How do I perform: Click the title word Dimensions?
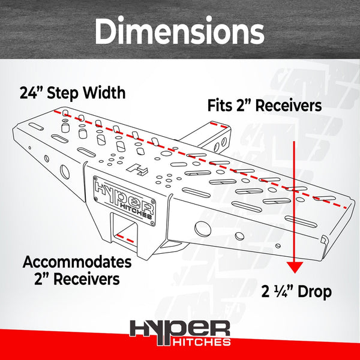[179, 31]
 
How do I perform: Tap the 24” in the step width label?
[28, 92]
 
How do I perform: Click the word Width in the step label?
[104, 92]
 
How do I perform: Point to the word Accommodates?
[77, 262]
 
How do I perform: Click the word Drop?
[314, 292]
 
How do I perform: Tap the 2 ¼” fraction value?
[278, 292]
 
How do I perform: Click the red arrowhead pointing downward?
[295, 267]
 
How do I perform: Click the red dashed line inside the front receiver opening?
[125, 238]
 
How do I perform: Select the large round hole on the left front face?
[65, 172]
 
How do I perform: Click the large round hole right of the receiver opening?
[203, 229]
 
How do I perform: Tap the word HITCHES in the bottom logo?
[202, 341]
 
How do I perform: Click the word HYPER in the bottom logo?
[180, 331]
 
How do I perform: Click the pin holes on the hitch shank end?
[220, 144]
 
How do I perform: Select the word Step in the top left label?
[64, 93]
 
